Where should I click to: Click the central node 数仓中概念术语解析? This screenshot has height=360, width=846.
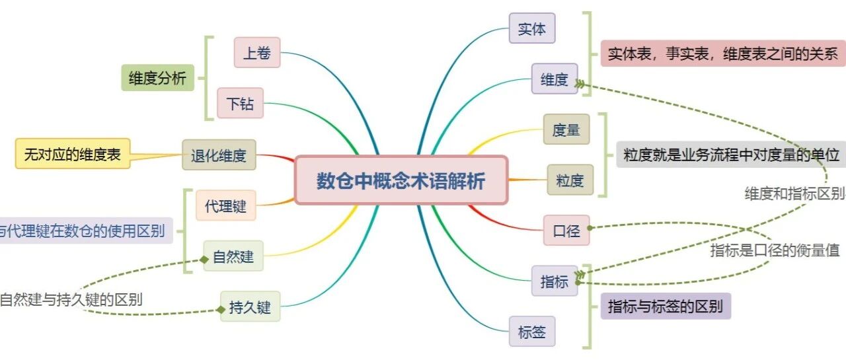401,180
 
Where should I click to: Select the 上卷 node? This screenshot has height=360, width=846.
256,52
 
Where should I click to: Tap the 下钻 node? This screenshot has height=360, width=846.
240,103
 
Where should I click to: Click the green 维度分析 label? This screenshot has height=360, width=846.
157,78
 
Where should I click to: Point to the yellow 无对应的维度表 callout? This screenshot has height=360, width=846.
73,154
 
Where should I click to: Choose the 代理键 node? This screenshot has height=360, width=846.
225,205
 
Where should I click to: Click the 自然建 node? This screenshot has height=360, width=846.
233,256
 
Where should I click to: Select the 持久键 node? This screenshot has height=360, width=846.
250,306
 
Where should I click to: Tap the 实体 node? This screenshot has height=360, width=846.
531,28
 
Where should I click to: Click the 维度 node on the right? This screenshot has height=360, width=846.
554,79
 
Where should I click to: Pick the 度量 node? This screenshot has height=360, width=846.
566,129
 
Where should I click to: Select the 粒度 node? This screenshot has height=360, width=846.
570,180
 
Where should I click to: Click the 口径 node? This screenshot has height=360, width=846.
566,231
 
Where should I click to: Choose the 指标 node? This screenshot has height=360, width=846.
554,281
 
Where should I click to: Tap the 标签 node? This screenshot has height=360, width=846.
531,332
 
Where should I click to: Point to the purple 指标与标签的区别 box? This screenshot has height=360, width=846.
665,306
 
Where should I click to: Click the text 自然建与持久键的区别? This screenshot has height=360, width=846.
71,299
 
